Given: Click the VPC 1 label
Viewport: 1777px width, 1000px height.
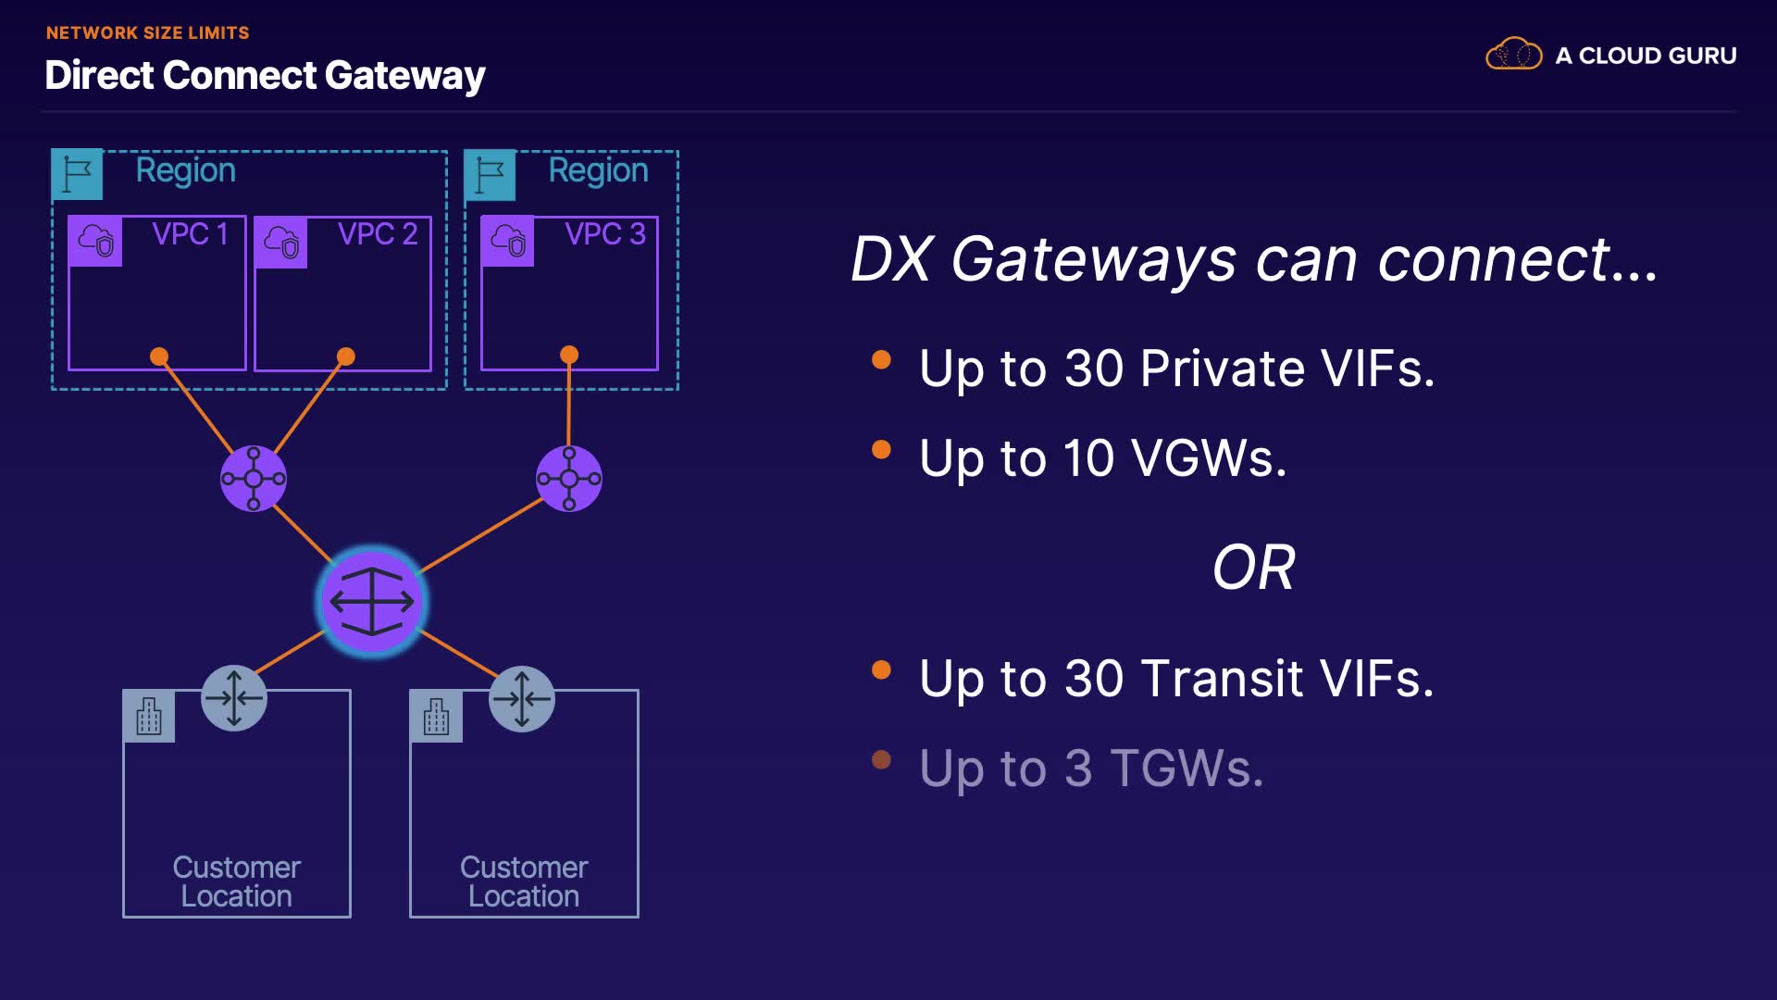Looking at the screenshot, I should click(x=190, y=234).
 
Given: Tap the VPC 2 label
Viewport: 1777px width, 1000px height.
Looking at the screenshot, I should click(x=378, y=234).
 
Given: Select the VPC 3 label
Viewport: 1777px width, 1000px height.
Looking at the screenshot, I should click(x=605, y=234).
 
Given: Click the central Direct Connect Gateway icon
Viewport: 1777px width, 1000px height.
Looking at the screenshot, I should click(x=372, y=602).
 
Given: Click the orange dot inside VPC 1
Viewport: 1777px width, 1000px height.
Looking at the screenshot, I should click(x=159, y=356).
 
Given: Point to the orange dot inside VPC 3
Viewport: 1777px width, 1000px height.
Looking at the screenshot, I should click(x=569, y=355).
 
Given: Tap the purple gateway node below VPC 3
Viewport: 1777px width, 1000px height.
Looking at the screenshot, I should click(x=569, y=479).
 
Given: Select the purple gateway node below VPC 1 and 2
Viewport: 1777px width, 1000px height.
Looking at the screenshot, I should click(x=254, y=479).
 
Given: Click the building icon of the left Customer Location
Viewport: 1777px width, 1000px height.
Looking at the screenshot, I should click(x=149, y=717).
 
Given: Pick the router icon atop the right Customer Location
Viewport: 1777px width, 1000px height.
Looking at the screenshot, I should click(x=522, y=699).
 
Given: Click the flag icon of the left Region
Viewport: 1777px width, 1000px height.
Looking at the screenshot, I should click(x=77, y=174).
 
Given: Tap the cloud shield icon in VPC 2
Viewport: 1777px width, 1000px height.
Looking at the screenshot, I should click(x=281, y=243).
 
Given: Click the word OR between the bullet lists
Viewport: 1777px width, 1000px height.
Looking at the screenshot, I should click(x=1253, y=568).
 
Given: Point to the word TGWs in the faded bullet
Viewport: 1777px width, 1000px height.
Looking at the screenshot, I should click(x=1187, y=769).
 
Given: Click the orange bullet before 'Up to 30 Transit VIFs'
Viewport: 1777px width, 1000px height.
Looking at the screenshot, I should click(x=881, y=669).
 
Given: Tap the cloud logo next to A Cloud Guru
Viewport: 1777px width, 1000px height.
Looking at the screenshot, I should click(x=1513, y=55).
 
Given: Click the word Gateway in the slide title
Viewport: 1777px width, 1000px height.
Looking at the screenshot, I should click(x=404, y=76).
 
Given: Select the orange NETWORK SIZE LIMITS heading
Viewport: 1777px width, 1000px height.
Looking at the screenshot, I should click(x=148, y=33).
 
